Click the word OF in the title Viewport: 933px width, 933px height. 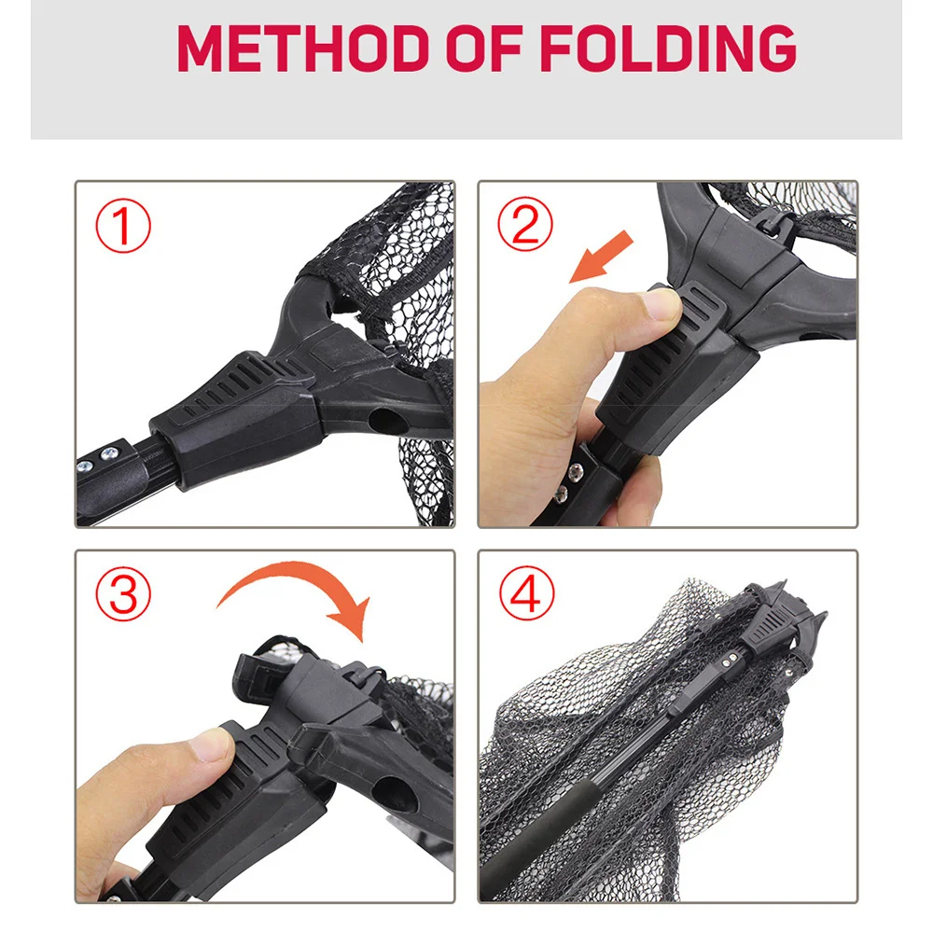click(x=484, y=49)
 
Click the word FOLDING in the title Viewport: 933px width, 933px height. click(x=668, y=49)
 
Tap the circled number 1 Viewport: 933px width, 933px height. click(x=123, y=226)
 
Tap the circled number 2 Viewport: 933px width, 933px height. click(x=525, y=224)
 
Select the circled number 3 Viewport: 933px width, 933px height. click(x=123, y=593)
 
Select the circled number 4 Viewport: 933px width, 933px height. click(x=526, y=593)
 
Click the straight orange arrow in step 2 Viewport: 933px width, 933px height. click(x=602, y=257)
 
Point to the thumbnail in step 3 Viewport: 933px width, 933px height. click(x=210, y=745)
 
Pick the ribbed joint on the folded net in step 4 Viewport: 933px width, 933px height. click(x=768, y=630)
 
